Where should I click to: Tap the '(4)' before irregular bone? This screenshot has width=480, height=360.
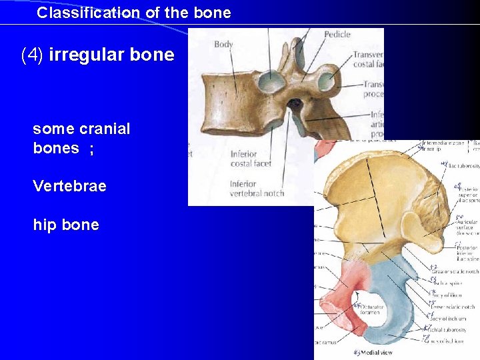click(33, 55)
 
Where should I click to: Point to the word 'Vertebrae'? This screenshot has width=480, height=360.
click(69, 186)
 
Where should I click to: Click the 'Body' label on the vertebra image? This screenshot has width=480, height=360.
click(223, 45)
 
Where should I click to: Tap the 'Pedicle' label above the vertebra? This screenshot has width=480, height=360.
click(337, 35)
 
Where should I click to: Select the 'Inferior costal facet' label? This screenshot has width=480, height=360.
click(251, 159)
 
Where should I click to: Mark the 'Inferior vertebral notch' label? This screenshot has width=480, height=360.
click(257, 189)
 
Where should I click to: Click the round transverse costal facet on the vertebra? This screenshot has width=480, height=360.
click(326, 81)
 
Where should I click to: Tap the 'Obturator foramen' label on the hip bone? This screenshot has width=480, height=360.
click(372, 311)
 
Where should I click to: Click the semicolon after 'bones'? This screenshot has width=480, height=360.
click(91, 149)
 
